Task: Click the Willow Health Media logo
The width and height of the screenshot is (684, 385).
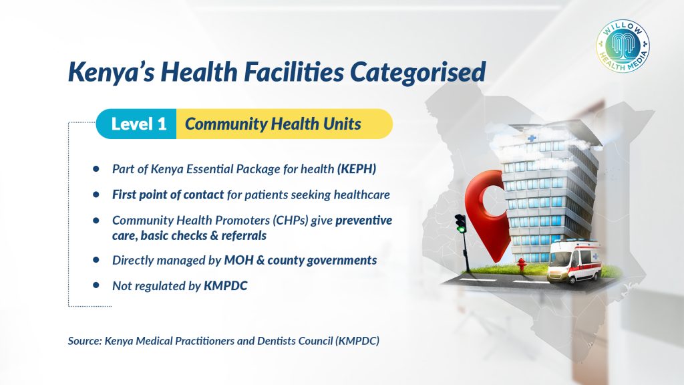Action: coord(623,46)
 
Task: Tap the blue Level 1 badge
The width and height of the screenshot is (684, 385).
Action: coord(136,124)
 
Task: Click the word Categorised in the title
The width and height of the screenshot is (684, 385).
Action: coord(418,72)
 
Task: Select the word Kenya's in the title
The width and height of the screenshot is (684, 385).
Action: coord(112,72)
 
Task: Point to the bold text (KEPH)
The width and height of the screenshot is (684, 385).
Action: coord(357,169)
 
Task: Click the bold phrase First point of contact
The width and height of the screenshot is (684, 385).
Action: coord(168,195)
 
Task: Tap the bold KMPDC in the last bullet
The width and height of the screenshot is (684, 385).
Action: coord(226,286)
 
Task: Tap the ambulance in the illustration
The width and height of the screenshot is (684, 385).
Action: coord(574,261)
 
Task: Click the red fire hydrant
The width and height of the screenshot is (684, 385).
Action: coord(521,265)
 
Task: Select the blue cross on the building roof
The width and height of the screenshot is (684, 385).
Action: coord(531,138)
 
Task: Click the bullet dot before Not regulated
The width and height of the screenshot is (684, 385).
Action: coord(96,285)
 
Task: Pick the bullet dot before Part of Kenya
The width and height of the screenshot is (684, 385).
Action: coord(96,169)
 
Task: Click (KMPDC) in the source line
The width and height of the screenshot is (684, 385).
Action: coord(357,341)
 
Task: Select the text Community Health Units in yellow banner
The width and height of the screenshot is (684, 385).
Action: coord(273,124)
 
